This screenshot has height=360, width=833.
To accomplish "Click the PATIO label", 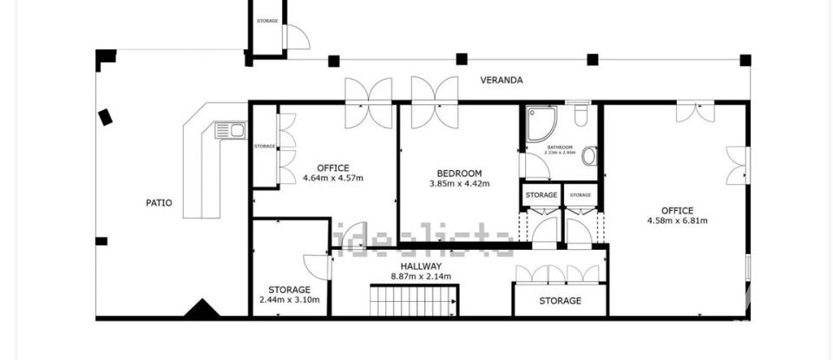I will pos(158,203).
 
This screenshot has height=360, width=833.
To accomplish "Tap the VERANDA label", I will pos(502,80).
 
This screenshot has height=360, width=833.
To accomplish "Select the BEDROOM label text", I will pos(459,173).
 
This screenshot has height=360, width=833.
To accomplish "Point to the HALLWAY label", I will pos(422,265).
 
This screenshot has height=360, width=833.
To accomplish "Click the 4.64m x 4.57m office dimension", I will pos(332,179).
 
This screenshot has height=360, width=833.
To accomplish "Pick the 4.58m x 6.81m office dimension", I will pos(677,220).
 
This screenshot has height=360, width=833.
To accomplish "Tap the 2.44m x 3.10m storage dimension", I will pos(289,300).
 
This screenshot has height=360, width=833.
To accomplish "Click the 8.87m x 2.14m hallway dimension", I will pos(421,277).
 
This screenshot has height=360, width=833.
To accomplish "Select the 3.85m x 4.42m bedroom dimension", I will pos(459,184).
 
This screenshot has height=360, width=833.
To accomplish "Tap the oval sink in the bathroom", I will pos(589,156).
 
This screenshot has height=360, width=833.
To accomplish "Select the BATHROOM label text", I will pos(560,147).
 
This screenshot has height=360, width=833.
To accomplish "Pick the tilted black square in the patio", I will pos(106,116).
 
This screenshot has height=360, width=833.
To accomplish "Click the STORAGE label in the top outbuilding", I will pos(267,20).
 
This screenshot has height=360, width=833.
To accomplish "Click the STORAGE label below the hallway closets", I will pos(560,301).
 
